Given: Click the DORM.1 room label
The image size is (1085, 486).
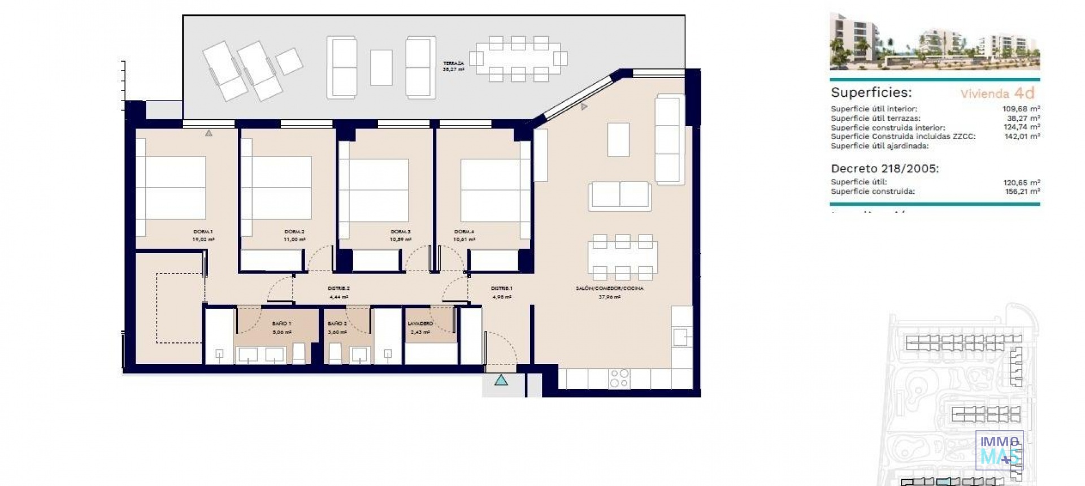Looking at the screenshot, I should [x=203, y=232].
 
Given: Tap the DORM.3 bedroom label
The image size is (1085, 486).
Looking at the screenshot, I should [x=400, y=232].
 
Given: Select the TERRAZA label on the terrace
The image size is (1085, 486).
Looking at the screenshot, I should [x=453, y=64].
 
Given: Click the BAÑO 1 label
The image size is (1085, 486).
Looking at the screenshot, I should [x=281, y=324].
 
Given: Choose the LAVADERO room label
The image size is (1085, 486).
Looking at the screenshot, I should [x=420, y=324].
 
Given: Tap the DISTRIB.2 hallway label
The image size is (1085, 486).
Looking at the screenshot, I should [x=338, y=289].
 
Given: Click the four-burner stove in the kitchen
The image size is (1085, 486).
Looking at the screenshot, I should [x=619, y=378].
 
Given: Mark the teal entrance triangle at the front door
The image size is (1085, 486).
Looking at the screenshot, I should [x=501, y=380].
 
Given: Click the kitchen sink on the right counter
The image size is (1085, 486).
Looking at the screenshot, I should [x=681, y=337].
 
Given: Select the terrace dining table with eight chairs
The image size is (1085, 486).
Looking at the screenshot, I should [x=518, y=59].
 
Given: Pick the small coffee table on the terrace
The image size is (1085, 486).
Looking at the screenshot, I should [x=381, y=68].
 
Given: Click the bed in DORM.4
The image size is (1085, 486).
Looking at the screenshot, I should [x=491, y=190].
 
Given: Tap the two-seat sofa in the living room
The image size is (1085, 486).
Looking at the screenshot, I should [x=620, y=196].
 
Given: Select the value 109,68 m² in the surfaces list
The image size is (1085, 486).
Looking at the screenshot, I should [x=1021, y=109].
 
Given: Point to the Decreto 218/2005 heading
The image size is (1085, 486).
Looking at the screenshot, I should [x=884, y=168].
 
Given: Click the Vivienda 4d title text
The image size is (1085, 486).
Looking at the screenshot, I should [x=997, y=93].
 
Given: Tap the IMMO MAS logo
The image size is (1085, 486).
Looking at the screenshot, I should [x=999, y=450].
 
